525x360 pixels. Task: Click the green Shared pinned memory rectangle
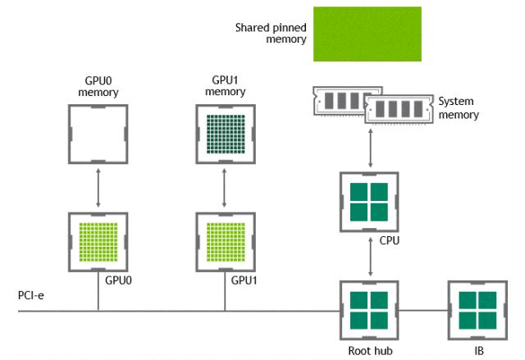pyautogui.click(x=367, y=34)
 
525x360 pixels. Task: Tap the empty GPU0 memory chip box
pyautogui.click(x=98, y=133)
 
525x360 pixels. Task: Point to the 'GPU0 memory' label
pyautogui.click(x=98, y=87)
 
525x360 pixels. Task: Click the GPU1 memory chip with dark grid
pyautogui.click(x=225, y=133)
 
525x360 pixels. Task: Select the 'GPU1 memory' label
pyautogui.click(x=225, y=87)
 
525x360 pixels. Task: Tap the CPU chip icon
pyautogui.click(x=368, y=199)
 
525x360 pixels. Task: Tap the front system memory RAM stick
pyautogui.click(x=399, y=109)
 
